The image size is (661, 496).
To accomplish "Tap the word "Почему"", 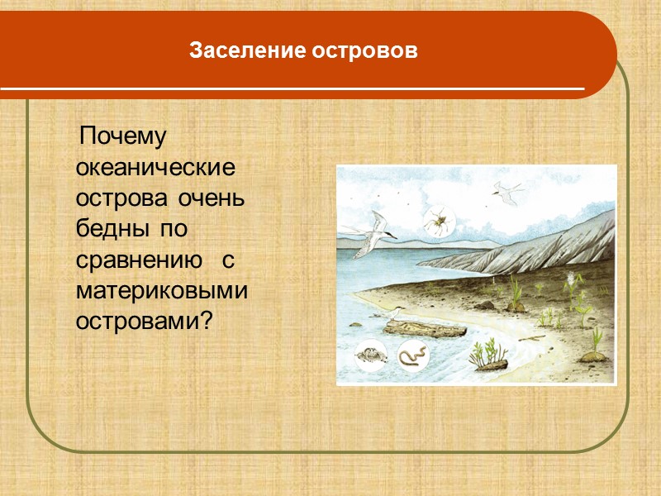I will point(123,136).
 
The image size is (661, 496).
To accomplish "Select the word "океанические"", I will point(155,168).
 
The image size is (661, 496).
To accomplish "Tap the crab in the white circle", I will point(368,355).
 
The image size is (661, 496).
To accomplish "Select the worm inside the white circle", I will point(412,355).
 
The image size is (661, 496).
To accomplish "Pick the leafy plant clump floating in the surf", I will point(487,356).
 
